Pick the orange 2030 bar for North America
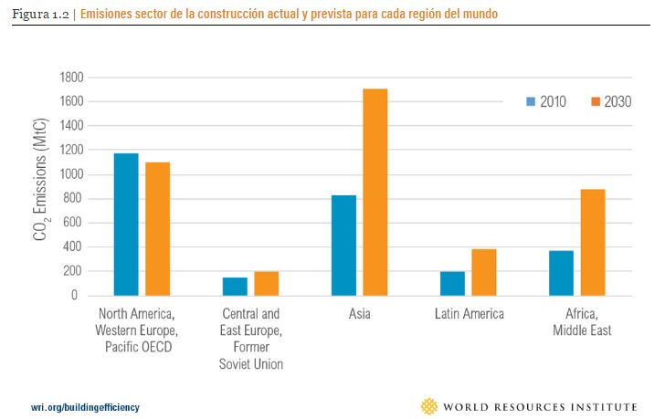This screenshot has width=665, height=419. [x=157, y=228]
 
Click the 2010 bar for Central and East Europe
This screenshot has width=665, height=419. [x=235, y=286]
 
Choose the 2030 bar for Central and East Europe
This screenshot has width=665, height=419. [x=266, y=283]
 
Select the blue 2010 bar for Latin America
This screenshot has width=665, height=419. [x=452, y=283]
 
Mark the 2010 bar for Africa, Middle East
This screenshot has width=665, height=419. [x=561, y=273]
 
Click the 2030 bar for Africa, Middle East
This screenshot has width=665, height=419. [x=592, y=242]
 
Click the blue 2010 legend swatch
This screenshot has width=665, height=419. [x=530, y=101]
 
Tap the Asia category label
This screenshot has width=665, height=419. [x=359, y=315]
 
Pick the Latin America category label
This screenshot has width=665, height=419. [x=468, y=315]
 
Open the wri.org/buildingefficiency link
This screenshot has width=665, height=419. [x=86, y=405]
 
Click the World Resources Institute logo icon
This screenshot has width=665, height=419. [x=428, y=405]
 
